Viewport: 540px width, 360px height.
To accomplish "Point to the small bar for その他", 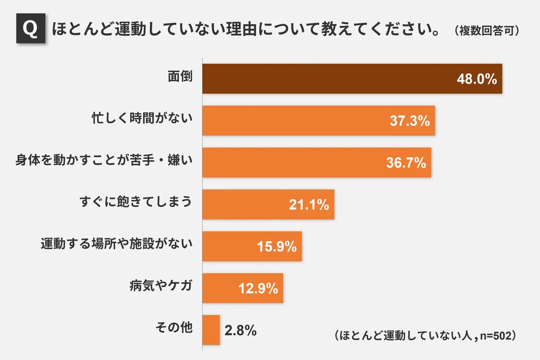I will coord(211,330).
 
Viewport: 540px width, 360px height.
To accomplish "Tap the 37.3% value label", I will coord(409,121).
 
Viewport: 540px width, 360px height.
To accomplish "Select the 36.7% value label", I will coord(406,163).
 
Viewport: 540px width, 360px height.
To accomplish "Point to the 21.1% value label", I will coord(309,205).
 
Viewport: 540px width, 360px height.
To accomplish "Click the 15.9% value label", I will coord(276,247).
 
